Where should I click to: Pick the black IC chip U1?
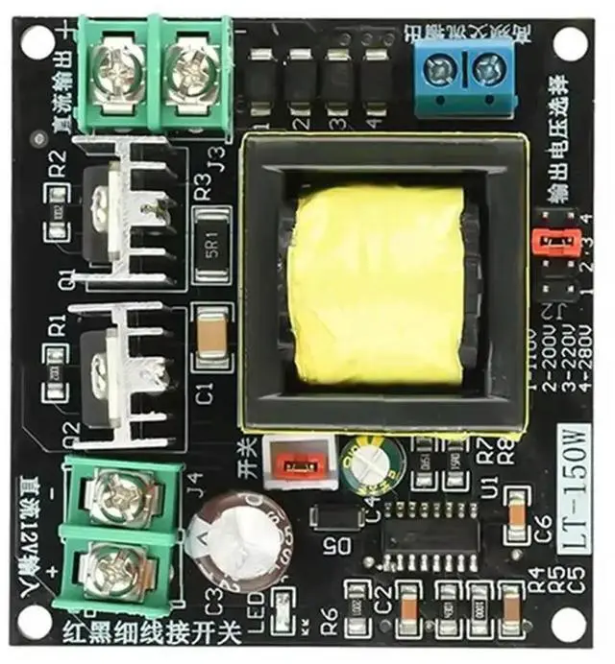click(x=432, y=545)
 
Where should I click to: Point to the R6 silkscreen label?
click(x=328, y=625)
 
